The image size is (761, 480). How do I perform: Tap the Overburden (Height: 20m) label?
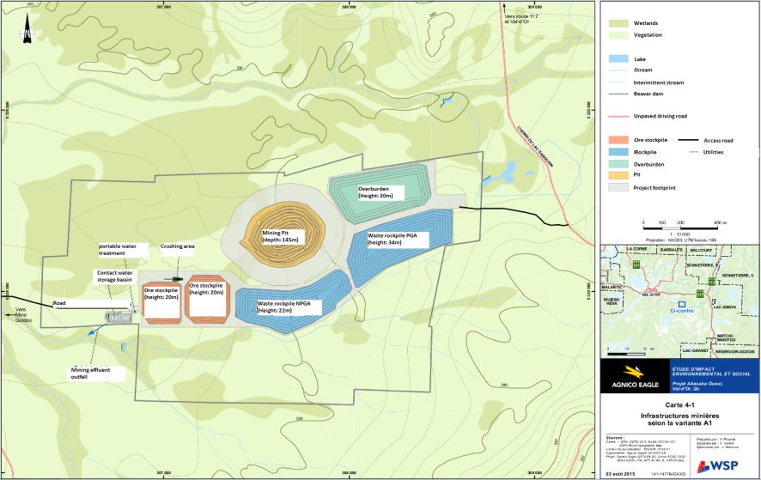(377, 192)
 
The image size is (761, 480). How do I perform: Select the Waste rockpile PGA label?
(397, 239)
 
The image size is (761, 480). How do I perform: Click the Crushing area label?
(177, 246)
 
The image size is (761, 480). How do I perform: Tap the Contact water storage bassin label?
(113, 276)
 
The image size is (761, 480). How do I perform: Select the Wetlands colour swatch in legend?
(618, 23)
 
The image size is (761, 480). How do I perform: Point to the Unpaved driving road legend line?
(618, 116)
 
